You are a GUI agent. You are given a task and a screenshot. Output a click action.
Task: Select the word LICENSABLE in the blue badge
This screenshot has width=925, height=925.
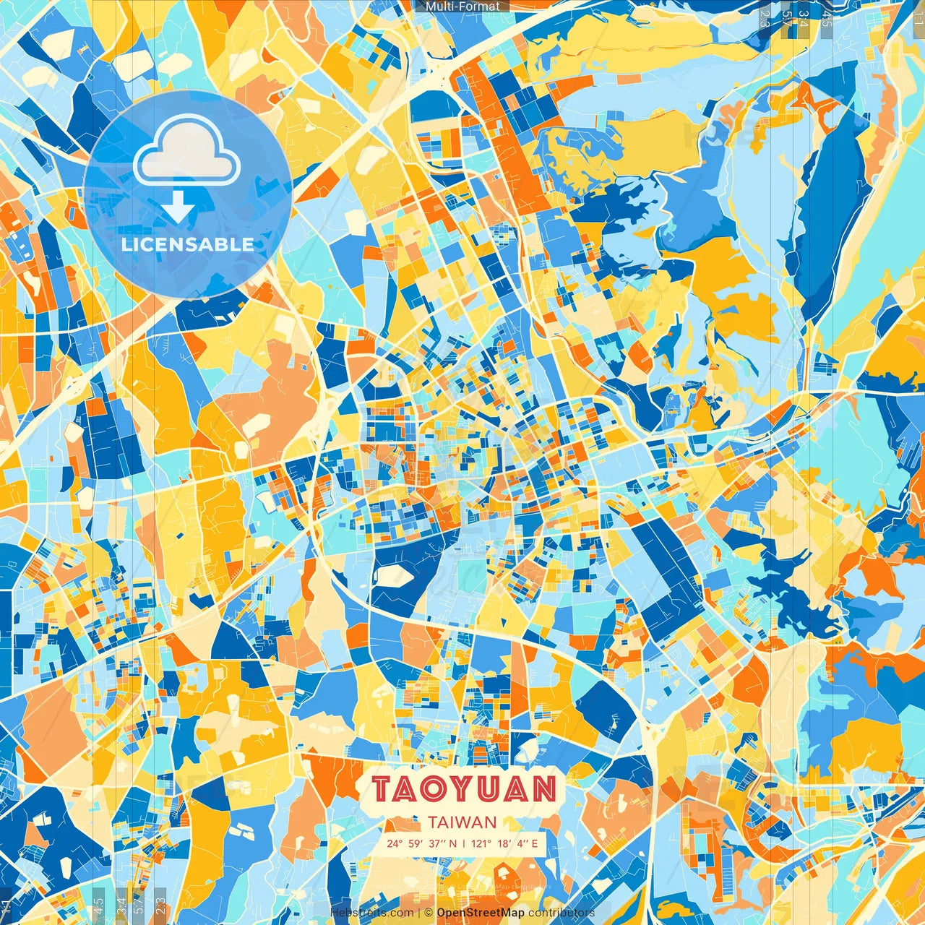tap(188, 244)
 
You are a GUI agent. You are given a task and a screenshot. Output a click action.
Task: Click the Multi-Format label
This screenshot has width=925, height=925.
tap(462, 7)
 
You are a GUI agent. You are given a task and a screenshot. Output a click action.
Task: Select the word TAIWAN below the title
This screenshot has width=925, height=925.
tap(462, 822)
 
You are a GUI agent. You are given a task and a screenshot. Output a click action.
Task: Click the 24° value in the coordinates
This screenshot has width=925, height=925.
tap(395, 843)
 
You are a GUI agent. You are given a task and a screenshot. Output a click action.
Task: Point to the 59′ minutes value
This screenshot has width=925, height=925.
tap(415, 843)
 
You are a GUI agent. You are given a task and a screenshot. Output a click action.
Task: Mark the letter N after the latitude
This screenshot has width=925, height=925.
tap(452, 843)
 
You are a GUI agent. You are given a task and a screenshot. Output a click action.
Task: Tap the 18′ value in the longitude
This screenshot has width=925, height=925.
tap(504, 843)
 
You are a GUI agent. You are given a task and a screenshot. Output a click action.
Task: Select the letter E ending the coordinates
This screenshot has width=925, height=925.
tap(535, 843)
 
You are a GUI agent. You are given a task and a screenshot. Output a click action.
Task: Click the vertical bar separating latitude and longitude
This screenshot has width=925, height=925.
tap(463, 843)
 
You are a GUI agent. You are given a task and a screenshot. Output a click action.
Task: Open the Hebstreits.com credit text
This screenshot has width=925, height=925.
tap(371, 913)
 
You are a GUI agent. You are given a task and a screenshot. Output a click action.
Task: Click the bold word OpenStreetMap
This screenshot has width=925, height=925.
tap(481, 913)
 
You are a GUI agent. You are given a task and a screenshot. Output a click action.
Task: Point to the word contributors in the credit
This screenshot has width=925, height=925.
tap(562, 913)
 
